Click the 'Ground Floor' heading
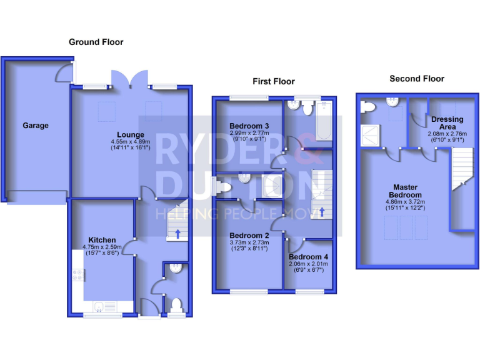tap(96, 42)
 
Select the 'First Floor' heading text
tap(273, 81)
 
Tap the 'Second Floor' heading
tap(416, 79)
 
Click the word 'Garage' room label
tap(36, 126)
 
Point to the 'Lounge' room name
tap(131, 134)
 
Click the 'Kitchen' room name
tap(102, 240)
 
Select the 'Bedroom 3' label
tap(249, 124)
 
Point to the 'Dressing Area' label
tap(447, 123)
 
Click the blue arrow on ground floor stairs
tap(177, 234)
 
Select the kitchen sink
tap(99, 306)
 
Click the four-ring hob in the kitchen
tap(79, 276)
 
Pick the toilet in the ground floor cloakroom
tap(177, 305)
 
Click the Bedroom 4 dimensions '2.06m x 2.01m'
tap(309, 264)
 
